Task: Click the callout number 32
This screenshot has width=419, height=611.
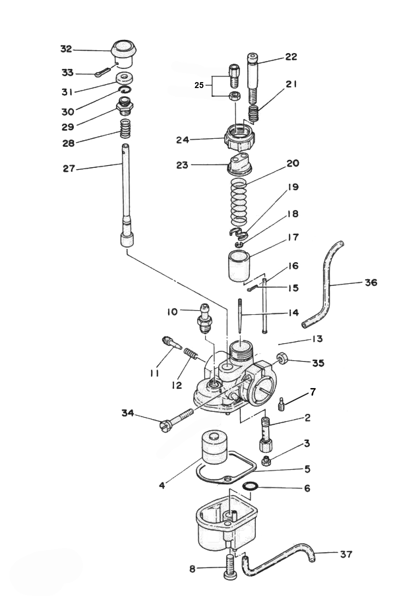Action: (66, 49)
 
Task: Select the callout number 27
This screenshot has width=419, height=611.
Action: (69, 169)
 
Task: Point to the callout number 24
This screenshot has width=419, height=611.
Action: (183, 140)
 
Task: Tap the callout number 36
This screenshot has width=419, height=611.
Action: (371, 283)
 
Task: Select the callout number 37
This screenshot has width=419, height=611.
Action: (346, 554)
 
